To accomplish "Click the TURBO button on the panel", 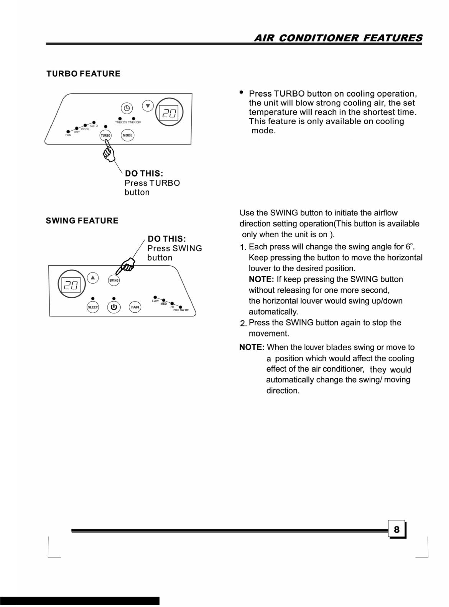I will click(x=105, y=135).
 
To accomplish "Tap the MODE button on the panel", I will click(x=127, y=135).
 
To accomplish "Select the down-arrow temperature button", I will click(x=148, y=106).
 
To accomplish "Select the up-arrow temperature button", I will click(x=93, y=277).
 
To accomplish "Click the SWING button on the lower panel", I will click(x=114, y=281).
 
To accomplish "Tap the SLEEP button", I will click(x=93, y=307).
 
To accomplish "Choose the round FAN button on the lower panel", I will click(x=135, y=307).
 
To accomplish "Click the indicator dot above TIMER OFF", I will click(x=134, y=118).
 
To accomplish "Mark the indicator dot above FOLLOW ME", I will click(x=181, y=307).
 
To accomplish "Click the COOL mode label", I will click(x=85, y=129).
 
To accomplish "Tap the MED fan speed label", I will click(x=164, y=303).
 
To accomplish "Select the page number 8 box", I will click(x=397, y=530).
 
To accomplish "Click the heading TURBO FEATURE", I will click(x=83, y=74).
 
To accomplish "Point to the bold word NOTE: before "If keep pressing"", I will click(x=261, y=279).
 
